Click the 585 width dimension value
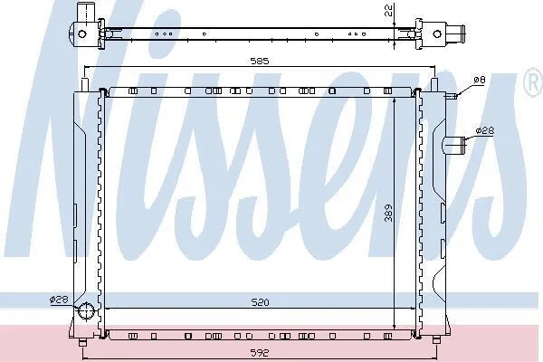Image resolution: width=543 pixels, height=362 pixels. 260,61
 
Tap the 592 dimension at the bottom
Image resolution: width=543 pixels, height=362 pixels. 260,353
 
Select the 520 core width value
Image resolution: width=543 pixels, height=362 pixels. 260,302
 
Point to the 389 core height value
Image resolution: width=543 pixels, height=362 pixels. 388,213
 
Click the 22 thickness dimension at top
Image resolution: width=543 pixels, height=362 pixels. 388,10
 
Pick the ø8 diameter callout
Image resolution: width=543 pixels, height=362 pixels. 480,80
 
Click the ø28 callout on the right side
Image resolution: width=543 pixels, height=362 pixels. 485,130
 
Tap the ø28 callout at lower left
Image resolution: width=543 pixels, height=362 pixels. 59,300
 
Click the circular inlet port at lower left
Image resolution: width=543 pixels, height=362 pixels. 86,310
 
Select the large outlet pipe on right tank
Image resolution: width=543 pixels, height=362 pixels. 454,145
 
